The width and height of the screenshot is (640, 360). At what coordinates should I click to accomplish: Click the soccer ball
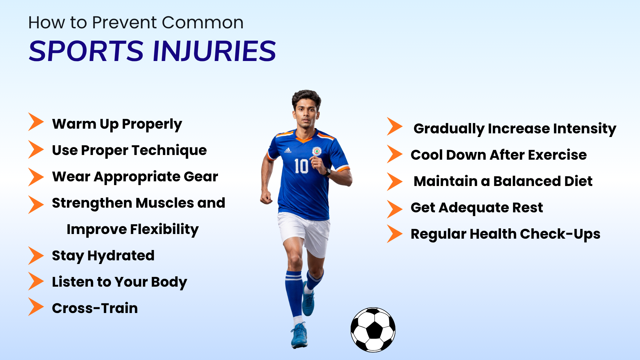[373, 330]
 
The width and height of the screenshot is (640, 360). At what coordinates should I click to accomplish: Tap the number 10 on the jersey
[301, 166]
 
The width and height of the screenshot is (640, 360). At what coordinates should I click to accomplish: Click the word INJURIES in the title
[214, 51]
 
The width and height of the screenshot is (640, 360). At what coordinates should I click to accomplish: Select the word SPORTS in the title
[86, 51]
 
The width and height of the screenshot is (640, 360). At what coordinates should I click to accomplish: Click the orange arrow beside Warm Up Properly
[36, 122]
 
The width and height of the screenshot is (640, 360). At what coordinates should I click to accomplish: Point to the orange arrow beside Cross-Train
[36, 306]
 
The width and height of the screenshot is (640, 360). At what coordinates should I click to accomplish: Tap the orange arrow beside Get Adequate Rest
[395, 209]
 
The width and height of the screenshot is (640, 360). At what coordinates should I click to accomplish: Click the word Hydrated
[121, 256]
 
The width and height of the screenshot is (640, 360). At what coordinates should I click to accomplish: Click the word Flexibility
[164, 230]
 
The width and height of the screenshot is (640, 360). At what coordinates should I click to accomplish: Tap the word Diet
[578, 181]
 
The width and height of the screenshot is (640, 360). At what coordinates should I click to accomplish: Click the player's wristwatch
[327, 172]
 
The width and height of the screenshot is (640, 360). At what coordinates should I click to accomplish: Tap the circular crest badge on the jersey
[316, 152]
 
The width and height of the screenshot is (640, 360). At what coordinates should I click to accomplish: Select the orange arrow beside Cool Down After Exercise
[395, 154]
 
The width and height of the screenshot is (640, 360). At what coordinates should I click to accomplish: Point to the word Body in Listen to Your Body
[169, 282]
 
